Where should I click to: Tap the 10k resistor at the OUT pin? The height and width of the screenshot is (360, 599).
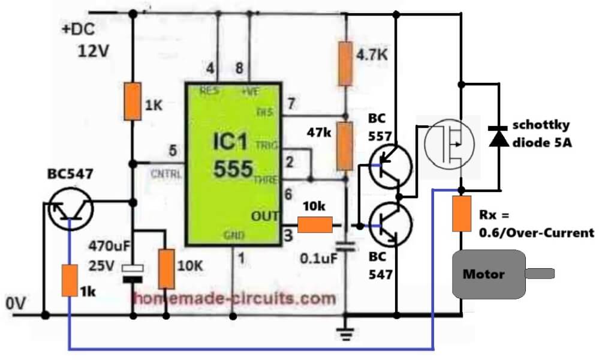tap(314, 225)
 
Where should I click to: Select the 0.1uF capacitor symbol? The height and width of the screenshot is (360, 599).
tap(345, 245)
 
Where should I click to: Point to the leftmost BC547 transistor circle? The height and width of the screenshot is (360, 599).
tap(70, 206)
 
